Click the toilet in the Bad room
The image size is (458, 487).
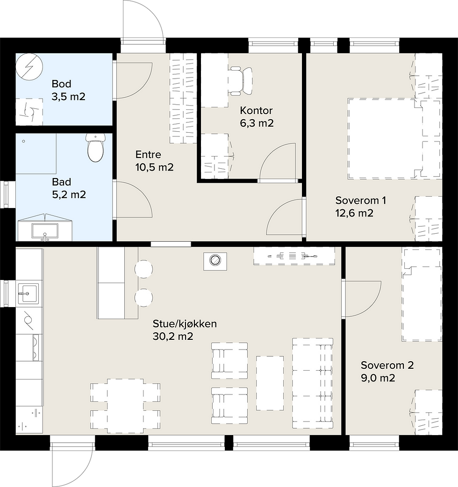tap(95, 148)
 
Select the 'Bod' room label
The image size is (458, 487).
tap(61, 84)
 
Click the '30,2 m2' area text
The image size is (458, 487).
tap(173, 337)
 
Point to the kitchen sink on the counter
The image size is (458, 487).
tap(28, 293)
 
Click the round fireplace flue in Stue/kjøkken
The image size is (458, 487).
tap(215, 260)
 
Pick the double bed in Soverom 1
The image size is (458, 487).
tap(394, 139)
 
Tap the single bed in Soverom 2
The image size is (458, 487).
tap(422, 294)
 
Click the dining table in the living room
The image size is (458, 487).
tap(125, 406)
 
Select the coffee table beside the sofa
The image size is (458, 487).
tap(270, 383)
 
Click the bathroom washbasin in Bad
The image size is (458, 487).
tap(45, 231)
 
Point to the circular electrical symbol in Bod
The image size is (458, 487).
tap(29, 67)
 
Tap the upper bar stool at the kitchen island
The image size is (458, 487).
tap(144, 269)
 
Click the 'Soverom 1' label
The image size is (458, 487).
tap(360, 201)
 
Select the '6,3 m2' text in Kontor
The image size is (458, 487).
tap(257, 123)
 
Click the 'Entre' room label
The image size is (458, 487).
tap(148, 155)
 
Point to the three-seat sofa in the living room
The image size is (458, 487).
tap(313, 384)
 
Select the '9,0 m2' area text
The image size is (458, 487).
tap(378, 378)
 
